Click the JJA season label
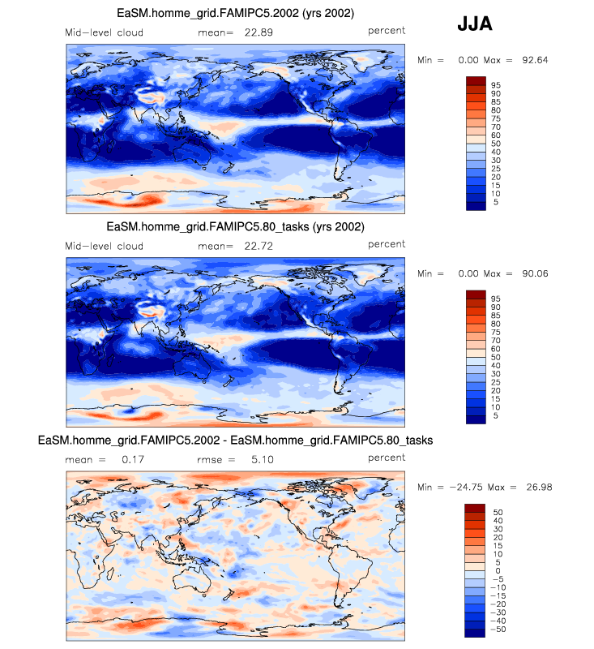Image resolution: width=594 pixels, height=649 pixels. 474,24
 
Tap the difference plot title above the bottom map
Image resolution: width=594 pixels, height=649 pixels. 235,440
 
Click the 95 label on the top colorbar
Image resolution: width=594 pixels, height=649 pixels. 495,84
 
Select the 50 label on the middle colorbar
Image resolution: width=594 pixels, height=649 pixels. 495,357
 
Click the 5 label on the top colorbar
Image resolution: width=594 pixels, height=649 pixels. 495,202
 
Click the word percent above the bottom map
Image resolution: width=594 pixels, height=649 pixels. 386,458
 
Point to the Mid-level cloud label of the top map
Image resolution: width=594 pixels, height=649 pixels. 104,32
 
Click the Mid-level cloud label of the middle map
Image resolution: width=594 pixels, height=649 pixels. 104,245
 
